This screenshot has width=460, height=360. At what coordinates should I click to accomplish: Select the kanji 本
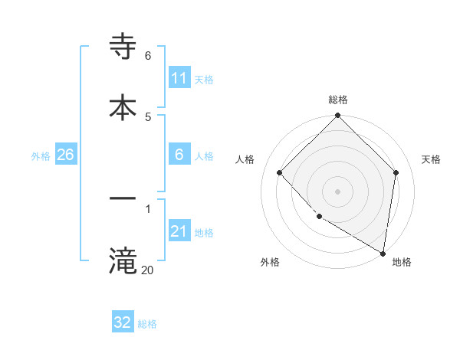pos(123,108)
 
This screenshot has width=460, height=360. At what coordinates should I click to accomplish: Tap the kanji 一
pos(123,200)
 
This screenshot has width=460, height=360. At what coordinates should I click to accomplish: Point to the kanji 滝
pos(123,261)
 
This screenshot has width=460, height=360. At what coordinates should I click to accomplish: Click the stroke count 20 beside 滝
pos(147,270)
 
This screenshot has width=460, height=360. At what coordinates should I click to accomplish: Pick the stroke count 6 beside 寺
pos(148,55)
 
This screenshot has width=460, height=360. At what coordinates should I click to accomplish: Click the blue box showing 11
pos(179,78)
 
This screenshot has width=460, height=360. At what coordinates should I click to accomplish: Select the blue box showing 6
pos(179,155)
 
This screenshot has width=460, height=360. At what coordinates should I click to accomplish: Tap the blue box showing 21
pos(179,231)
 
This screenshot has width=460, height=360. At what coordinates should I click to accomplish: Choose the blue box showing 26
pos(65,155)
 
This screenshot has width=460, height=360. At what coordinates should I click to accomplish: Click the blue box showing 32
pos(123,322)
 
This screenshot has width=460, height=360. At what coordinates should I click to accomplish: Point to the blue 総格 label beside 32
pos(147,324)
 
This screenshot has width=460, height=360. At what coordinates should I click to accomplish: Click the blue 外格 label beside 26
pos(41,156)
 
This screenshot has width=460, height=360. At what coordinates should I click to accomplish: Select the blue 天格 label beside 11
pos(204,80)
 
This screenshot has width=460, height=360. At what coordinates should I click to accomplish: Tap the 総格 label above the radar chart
pos(338,100)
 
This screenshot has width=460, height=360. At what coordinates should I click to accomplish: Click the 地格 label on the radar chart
pos(402,262)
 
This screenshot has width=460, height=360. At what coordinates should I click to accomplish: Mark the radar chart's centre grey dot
pos(338,191)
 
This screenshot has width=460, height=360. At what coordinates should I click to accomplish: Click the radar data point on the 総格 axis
pos(338,116)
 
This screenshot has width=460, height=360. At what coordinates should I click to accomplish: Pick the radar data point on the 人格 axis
pos(280,173)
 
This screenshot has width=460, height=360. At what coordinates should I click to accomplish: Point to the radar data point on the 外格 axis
pos(319,217)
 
